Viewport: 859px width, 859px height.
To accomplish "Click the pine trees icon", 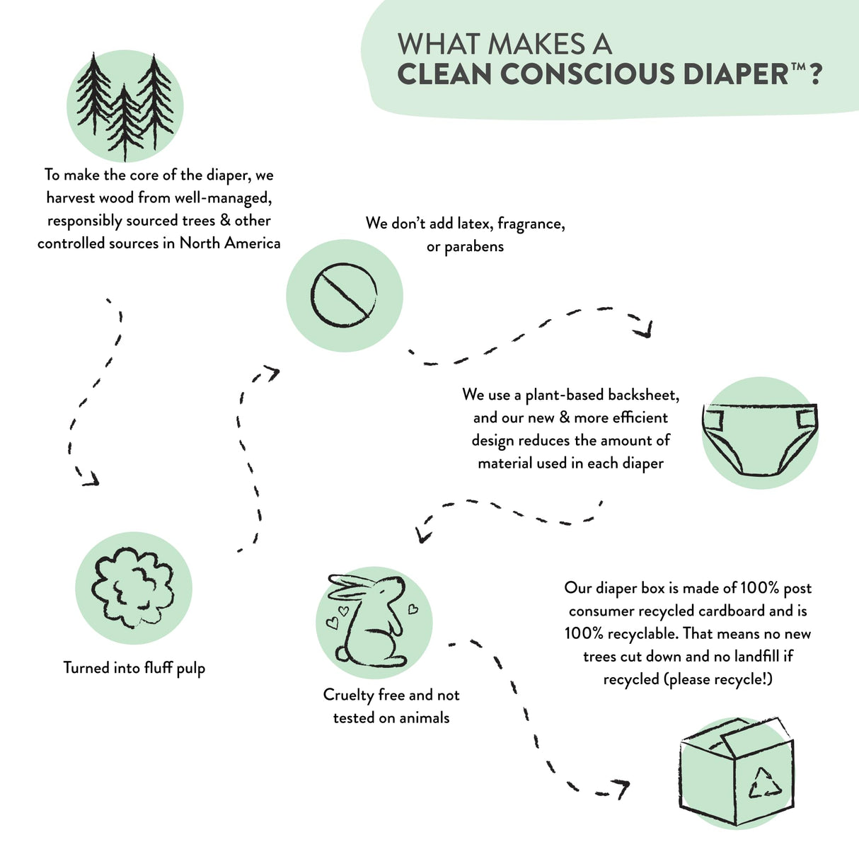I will click(x=125, y=106).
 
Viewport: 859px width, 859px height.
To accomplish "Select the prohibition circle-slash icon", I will click(x=344, y=295).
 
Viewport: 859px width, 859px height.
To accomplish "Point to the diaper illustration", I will click(x=760, y=439).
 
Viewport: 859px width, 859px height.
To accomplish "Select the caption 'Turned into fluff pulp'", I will click(x=134, y=668).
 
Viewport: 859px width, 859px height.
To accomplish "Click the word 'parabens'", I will click(x=474, y=247).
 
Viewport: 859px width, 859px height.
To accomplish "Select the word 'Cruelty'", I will click(x=348, y=696).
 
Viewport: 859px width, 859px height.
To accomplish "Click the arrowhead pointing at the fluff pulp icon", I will click(x=91, y=480).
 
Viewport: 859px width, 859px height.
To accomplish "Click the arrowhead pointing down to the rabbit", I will click(x=424, y=536).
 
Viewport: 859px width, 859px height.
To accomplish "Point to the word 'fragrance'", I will click(x=531, y=224).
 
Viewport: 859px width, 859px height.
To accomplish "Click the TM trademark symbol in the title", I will click(x=797, y=66).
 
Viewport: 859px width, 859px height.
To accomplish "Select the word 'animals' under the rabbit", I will click(x=422, y=718).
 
